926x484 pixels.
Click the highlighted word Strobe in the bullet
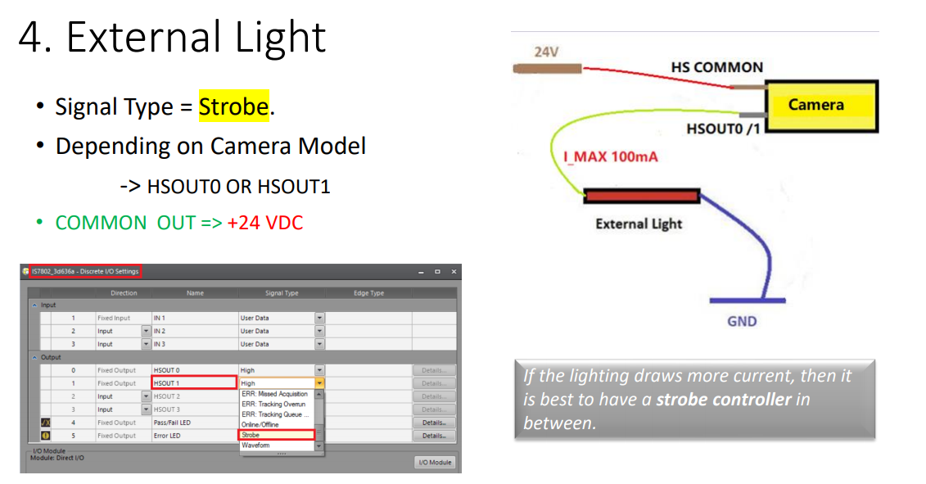233,106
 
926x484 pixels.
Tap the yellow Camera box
820,106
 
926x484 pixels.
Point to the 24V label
546,52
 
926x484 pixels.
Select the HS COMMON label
716,67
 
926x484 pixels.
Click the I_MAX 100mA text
611,156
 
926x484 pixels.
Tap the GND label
742,321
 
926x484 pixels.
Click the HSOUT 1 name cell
194,383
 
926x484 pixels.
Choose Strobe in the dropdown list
276,435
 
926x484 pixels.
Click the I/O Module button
435,463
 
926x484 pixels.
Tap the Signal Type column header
281,293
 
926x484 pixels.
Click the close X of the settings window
454,271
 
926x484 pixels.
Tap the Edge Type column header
368,293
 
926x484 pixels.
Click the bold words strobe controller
724,400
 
